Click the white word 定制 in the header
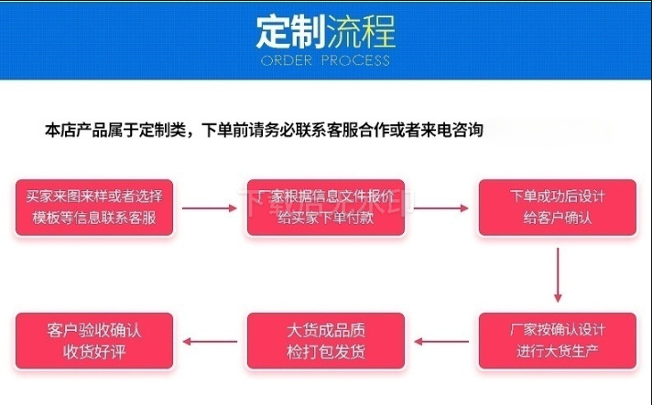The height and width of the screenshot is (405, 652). pyautogui.click(x=286, y=34)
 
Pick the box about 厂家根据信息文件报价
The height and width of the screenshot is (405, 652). pyautogui.click(x=325, y=207)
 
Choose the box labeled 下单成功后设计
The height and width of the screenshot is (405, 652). pyautogui.click(x=557, y=207)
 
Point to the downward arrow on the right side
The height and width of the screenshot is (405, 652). pyautogui.click(x=557, y=275)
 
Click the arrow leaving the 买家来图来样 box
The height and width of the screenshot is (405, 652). pyautogui.click(x=210, y=208)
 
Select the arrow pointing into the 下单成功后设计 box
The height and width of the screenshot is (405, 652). pyautogui.click(x=441, y=208)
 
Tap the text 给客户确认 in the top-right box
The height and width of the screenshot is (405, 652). pyautogui.click(x=557, y=218)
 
